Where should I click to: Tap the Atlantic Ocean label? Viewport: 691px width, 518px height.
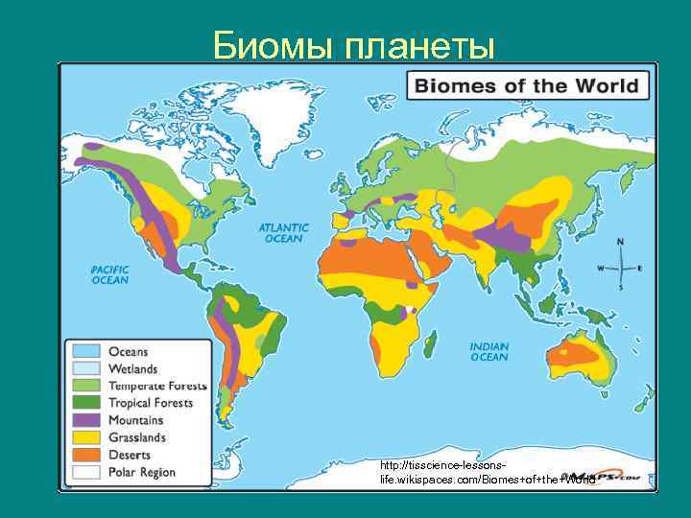(x=283, y=233)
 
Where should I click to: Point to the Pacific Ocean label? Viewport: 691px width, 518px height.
(x=110, y=275)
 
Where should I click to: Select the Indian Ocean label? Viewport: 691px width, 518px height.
(x=488, y=351)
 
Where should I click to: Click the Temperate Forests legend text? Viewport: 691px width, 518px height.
(x=157, y=387)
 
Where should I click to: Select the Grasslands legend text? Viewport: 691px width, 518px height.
(x=137, y=437)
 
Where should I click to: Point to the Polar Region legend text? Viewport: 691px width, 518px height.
(x=142, y=472)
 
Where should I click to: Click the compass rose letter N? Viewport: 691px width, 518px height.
(x=620, y=242)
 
